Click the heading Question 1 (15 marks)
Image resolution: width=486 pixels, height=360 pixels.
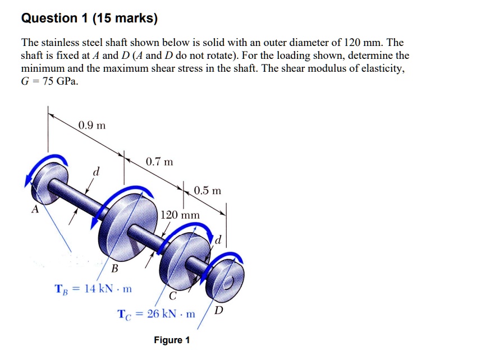point(89,19)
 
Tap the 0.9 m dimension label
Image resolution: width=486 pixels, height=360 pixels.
point(91,124)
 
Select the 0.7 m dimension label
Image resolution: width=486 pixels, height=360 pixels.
point(159,162)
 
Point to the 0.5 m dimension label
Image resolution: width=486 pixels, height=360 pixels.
point(208,191)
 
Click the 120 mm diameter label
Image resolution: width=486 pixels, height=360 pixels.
point(180,215)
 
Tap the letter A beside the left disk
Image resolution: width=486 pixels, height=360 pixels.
point(35,210)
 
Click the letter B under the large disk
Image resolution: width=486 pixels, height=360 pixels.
point(114,268)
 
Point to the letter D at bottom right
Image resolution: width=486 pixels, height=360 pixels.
point(218,310)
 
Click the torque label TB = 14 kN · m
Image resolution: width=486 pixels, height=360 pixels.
point(93,289)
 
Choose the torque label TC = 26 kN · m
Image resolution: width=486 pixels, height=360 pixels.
point(156,313)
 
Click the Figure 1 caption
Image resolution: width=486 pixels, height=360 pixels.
point(172,340)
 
